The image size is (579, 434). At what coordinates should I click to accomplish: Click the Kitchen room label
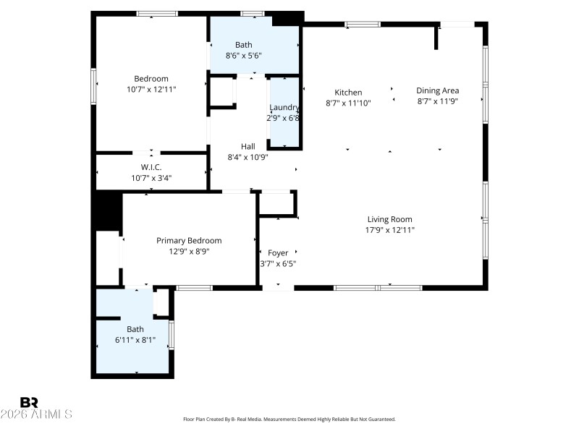pos(347,92)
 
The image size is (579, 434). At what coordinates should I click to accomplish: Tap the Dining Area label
pos(437,90)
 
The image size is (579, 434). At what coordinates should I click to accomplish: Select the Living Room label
pos(389,219)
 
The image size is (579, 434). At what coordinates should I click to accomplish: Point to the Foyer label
pos(278,252)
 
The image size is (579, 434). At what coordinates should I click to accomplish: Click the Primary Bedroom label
pos(189,240)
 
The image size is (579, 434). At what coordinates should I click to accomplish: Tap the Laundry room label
pos(284,107)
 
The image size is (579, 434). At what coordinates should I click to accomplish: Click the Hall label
pos(248,145)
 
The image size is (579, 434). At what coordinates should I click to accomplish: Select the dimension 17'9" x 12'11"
pos(390,230)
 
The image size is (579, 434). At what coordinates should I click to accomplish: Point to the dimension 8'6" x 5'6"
pos(243,55)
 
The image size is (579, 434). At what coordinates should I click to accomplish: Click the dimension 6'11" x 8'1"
pos(135,339)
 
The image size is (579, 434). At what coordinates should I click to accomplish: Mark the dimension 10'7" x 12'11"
pos(151,89)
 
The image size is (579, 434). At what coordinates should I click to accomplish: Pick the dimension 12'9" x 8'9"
pos(189,251)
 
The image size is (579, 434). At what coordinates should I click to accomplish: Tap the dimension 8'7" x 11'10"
pos(348,103)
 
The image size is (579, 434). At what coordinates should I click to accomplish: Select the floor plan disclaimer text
pos(289,419)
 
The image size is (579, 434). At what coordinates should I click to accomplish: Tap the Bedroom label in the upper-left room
pos(151,79)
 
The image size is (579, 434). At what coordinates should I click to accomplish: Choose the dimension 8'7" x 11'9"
pos(438,101)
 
